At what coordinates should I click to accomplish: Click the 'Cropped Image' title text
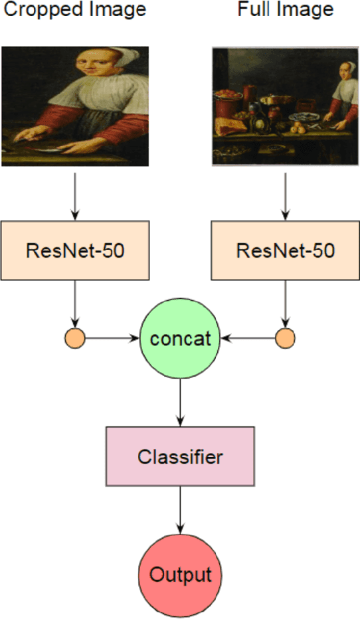[x=74, y=11]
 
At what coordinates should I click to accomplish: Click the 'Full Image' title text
[x=285, y=11]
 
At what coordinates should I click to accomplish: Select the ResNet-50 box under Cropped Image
[x=75, y=250]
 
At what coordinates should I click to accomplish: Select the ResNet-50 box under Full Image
[x=286, y=250]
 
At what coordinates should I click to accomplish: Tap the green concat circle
[x=180, y=339]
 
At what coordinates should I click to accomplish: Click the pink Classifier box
[x=180, y=456]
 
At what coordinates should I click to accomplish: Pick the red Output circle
[x=180, y=574]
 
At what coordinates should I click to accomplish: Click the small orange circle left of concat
[x=74, y=339]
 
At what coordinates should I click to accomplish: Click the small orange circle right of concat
[x=286, y=339]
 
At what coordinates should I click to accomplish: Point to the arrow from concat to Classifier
[x=180, y=398]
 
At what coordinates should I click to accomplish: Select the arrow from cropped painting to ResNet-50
[x=75, y=196]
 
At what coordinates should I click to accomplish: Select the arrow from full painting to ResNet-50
[x=286, y=196]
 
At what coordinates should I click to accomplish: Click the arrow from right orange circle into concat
[x=248, y=339]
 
